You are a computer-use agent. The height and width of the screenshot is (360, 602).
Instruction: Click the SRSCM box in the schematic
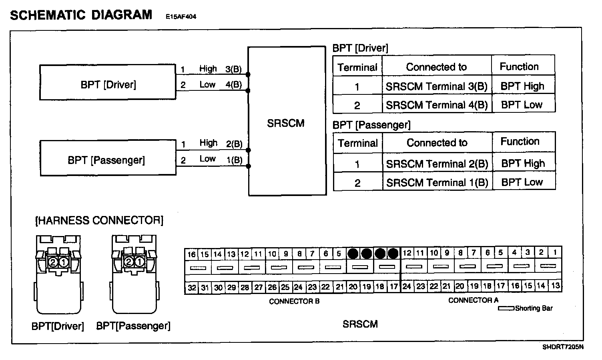click(287, 121)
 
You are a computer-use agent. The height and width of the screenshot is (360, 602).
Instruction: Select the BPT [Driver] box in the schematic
click(108, 82)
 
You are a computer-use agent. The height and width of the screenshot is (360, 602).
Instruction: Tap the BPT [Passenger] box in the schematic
click(108, 158)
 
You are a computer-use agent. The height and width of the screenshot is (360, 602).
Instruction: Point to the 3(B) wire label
click(233, 69)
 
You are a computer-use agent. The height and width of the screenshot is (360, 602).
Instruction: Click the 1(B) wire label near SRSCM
click(234, 160)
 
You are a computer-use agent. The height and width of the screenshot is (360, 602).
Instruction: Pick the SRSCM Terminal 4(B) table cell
click(437, 105)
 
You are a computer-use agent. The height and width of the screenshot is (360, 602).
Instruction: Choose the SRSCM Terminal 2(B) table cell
click(437, 164)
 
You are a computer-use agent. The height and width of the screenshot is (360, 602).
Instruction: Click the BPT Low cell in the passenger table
click(522, 182)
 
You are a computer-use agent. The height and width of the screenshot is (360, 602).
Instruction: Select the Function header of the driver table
click(519, 66)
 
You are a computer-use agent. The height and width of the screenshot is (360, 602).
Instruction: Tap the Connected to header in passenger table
click(437, 143)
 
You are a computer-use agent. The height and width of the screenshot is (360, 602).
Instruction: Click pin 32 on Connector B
click(192, 288)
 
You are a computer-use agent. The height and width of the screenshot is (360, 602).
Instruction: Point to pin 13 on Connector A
click(555, 286)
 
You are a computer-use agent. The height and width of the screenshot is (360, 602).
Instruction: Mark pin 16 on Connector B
click(192, 254)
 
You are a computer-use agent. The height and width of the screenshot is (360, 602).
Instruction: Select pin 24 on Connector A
click(407, 286)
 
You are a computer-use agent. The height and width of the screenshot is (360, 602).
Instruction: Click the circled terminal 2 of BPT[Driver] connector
click(53, 262)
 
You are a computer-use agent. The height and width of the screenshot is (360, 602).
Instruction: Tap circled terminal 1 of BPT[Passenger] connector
click(139, 262)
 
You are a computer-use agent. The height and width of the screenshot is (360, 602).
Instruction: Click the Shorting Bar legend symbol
click(506, 308)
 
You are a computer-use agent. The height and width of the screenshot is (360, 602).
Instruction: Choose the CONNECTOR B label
click(294, 301)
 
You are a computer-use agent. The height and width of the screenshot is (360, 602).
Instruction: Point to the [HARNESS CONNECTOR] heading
click(99, 220)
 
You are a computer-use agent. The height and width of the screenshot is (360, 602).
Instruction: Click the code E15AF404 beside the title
click(181, 17)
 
